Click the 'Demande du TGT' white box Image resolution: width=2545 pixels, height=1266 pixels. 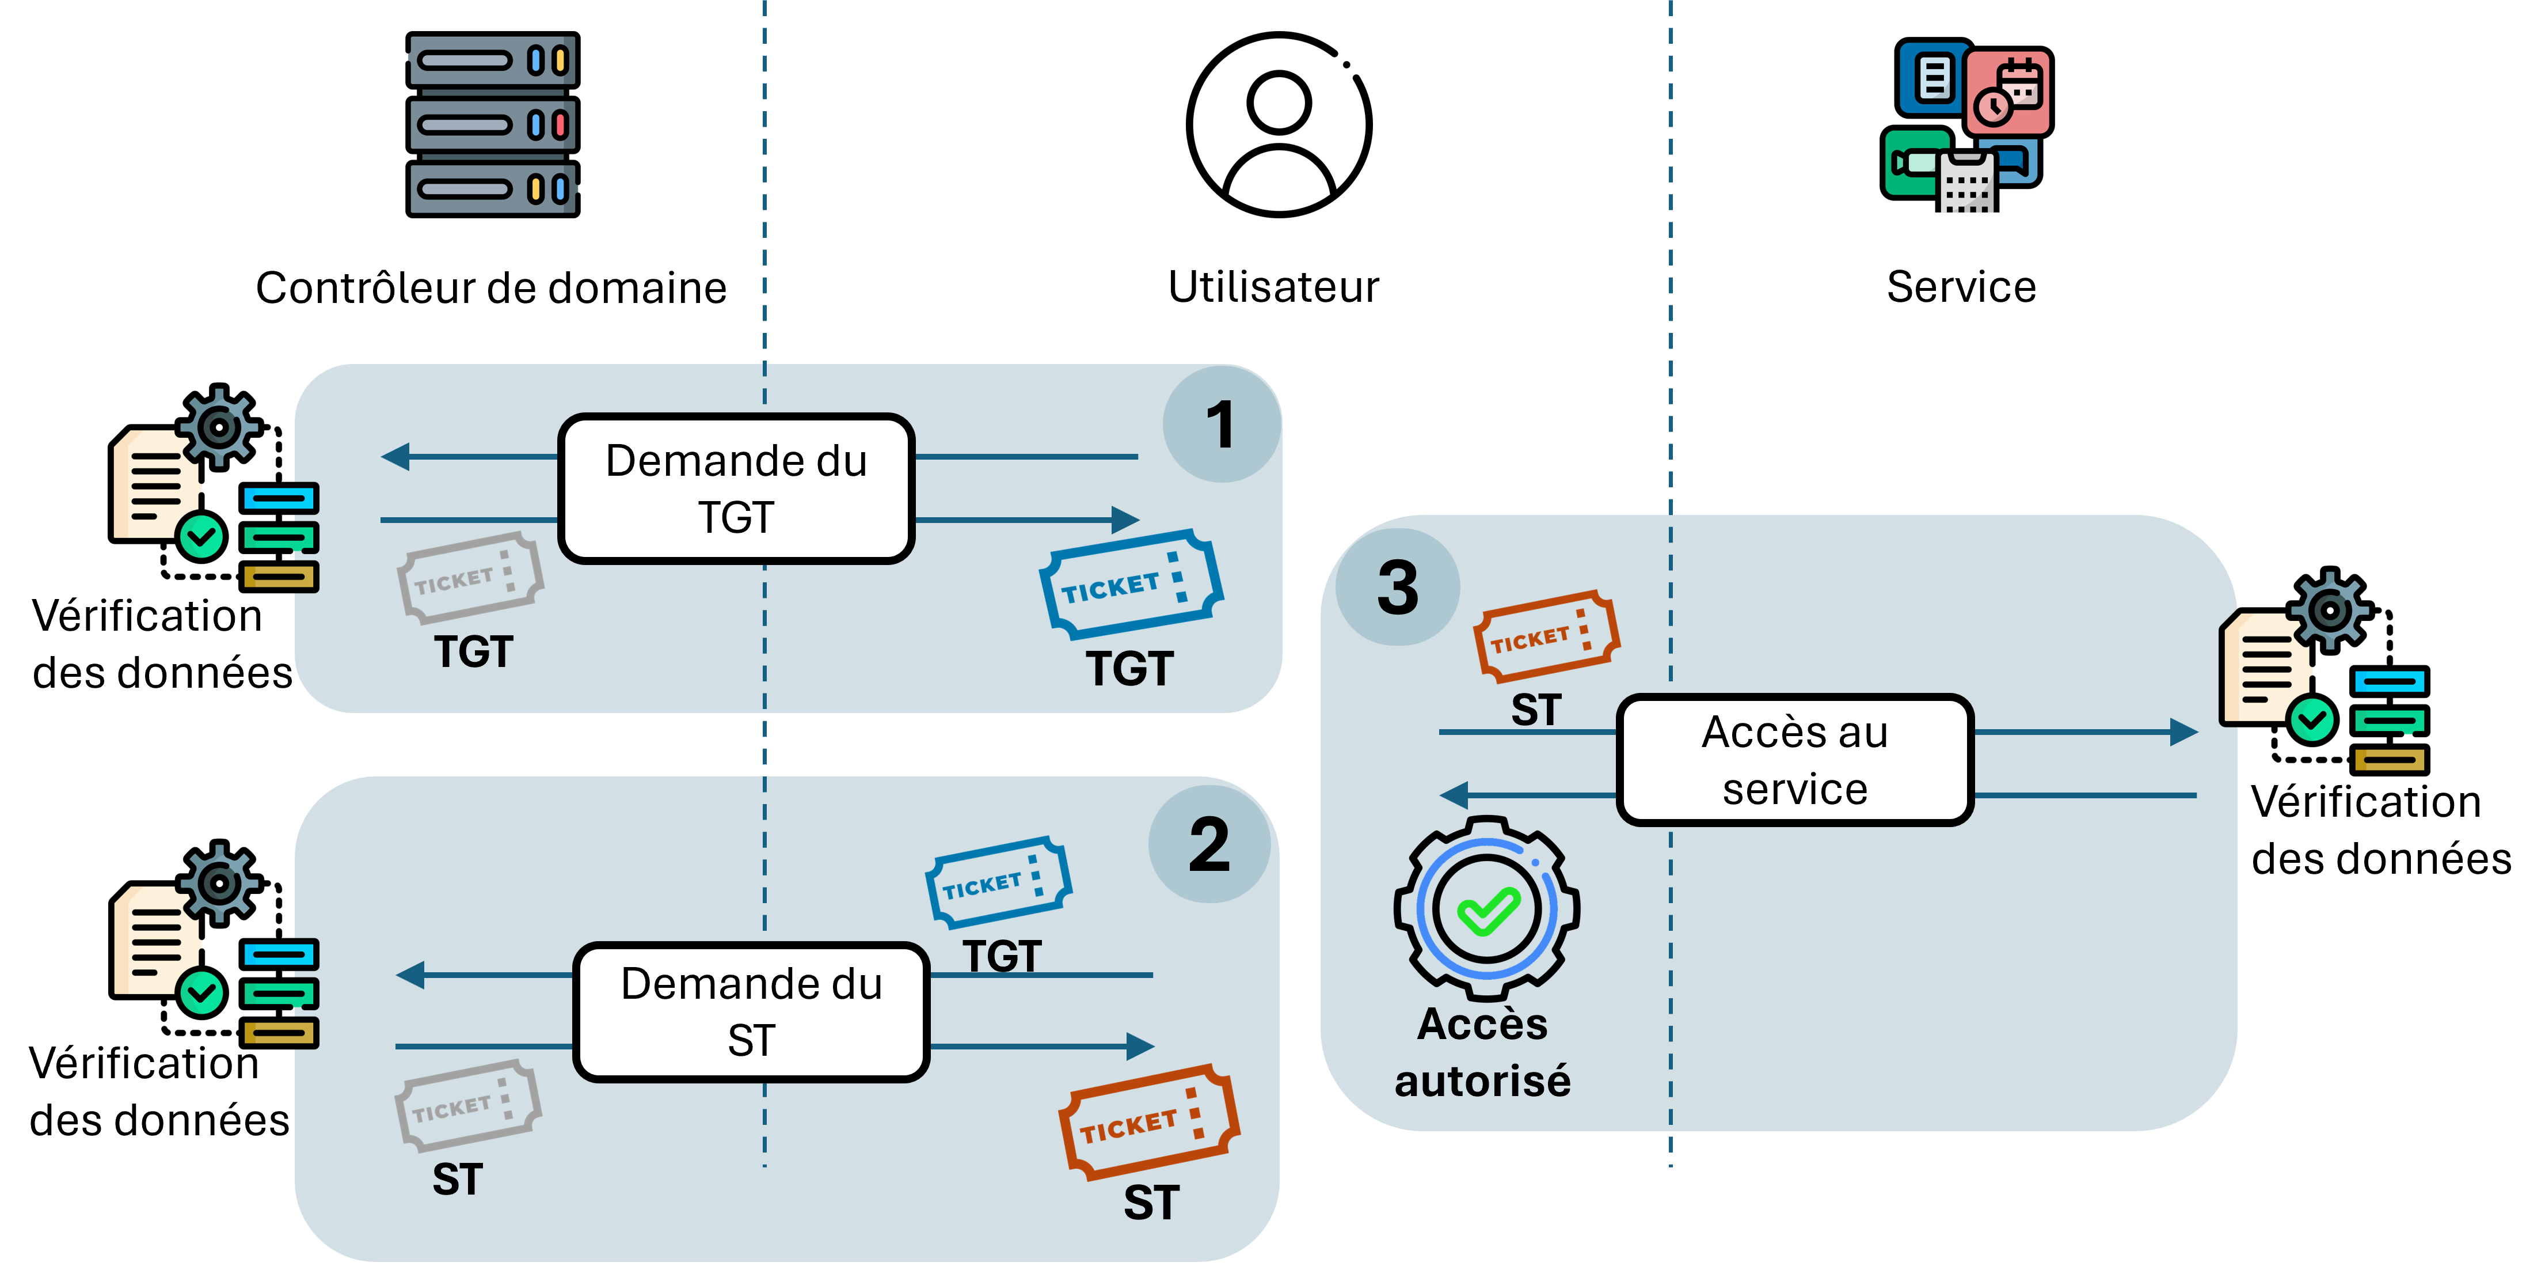tap(736, 488)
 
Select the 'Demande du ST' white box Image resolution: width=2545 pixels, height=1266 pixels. tap(751, 1011)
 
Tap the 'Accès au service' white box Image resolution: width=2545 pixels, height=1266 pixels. tap(1794, 759)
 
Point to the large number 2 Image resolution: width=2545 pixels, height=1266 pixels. tap(1209, 846)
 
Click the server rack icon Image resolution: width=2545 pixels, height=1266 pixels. tap(492, 124)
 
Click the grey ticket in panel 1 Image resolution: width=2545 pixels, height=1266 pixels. tap(470, 578)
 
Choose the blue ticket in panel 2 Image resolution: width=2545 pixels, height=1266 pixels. tap(998, 882)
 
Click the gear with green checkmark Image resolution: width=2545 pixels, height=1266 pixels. tap(1486, 907)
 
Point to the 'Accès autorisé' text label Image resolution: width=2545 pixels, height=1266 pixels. tap(1482, 1052)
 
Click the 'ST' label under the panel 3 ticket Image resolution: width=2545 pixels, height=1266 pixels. tap(1536, 711)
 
